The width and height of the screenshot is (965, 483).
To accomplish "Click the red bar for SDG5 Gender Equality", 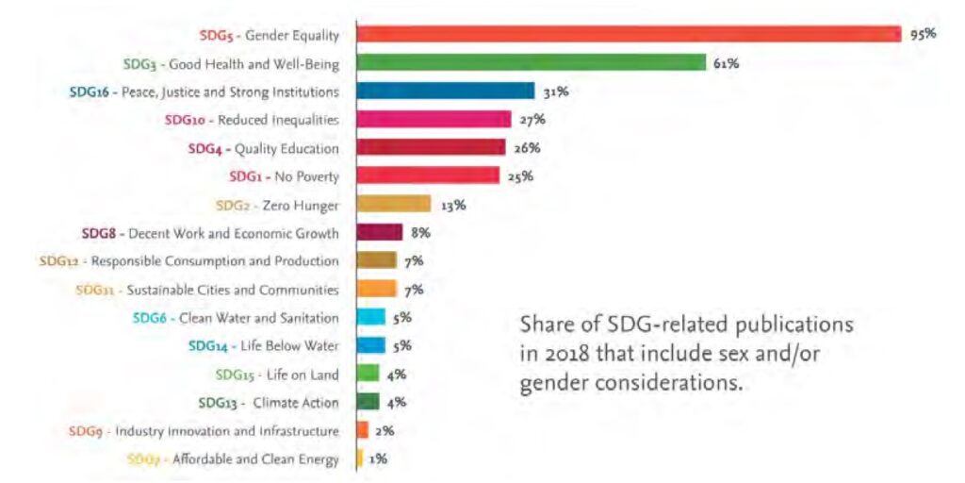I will [x=629, y=34].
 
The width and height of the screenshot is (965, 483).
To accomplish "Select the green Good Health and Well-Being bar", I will [x=531, y=63].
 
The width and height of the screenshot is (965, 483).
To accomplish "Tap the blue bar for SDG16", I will [x=445, y=92].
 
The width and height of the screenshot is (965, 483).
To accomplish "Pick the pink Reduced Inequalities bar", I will [x=433, y=120].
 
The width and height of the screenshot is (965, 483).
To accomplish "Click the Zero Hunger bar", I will [x=393, y=204].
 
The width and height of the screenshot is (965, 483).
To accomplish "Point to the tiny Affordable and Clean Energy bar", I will [x=359, y=458].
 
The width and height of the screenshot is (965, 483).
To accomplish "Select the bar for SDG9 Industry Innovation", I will [x=362, y=430].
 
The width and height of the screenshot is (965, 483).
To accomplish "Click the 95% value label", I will [x=923, y=34].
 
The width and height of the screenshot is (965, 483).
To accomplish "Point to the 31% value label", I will [x=555, y=92].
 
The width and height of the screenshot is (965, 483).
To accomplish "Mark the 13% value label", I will [x=452, y=204].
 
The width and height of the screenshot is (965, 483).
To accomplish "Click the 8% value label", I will [x=420, y=232].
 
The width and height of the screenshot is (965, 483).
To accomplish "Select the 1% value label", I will [x=377, y=458].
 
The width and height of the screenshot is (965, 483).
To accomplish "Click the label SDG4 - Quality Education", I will [x=263, y=148].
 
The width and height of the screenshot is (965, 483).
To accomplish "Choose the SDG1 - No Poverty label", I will [x=284, y=176].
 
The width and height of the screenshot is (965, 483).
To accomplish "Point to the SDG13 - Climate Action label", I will [x=269, y=403].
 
